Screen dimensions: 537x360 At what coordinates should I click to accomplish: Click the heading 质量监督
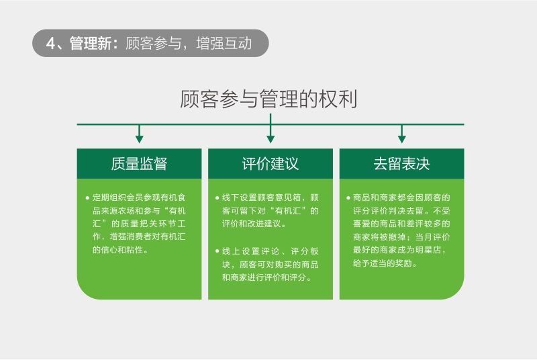click(x=139, y=164)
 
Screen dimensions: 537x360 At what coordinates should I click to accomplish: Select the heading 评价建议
click(x=271, y=164)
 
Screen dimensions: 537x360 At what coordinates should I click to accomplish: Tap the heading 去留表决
click(x=401, y=164)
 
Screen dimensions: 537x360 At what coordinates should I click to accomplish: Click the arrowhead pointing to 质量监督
click(x=139, y=139)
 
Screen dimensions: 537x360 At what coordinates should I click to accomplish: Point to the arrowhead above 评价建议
click(x=271, y=139)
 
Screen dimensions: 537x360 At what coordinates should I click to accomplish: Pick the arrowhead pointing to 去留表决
click(x=401, y=139)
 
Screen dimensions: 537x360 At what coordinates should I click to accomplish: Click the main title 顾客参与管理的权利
click(x=269, y=99)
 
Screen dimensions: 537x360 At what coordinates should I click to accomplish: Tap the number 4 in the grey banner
click(x=50, y=44)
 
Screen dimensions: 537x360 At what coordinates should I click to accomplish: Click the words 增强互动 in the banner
click(x=224, y=44)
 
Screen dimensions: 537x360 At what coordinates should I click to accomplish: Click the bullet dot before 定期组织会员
click(x=87, y=197)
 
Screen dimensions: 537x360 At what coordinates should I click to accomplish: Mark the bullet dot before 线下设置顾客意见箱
click(x=217, y=197)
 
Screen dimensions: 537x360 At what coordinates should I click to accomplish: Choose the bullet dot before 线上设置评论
click(x=217, y=251)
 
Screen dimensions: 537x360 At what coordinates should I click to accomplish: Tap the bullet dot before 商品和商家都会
click(x=348, y=197)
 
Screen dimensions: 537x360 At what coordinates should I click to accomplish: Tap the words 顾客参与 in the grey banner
click(x=154, y=44)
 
